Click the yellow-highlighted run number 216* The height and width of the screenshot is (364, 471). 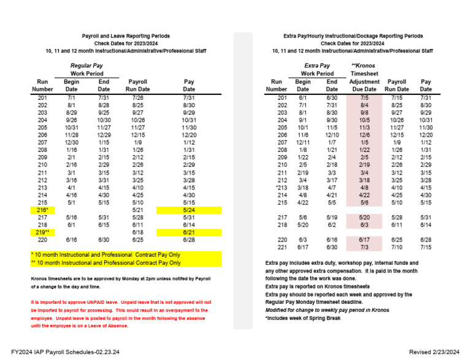[42, 210]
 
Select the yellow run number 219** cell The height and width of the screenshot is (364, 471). [42, 232]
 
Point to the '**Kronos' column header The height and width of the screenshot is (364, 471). [364, 65]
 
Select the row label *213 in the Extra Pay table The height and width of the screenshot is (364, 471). [281, 188]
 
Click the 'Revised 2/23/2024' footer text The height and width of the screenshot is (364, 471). [434, 352]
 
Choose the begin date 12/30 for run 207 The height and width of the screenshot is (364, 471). [71, 142]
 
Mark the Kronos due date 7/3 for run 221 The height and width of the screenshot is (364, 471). [364, 246]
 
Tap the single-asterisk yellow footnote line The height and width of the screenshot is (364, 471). [105, 254]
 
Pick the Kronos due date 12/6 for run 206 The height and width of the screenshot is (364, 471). [364, 135]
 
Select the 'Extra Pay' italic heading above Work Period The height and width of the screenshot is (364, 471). [317, 65]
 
